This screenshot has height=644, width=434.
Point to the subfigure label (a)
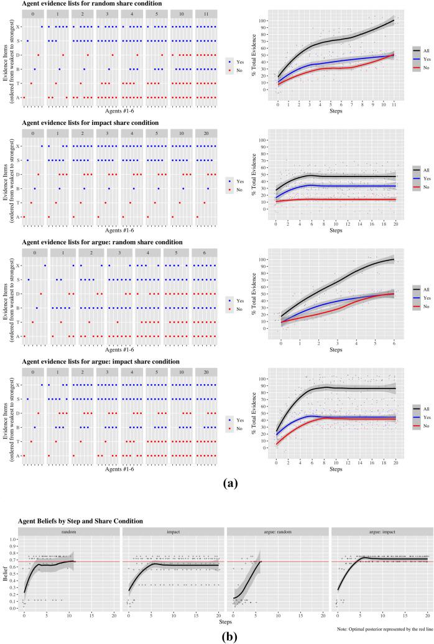click(x=216, y=481)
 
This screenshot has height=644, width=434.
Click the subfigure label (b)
click(x=216, y=636)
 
